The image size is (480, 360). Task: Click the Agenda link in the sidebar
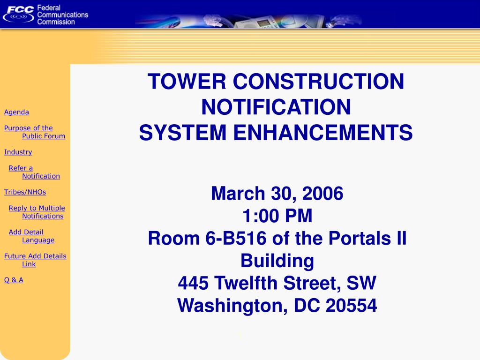(16, 112)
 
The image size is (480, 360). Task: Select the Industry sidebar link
(18, 152)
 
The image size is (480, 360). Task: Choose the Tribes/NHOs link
(25, 192)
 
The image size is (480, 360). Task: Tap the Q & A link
(14, 280)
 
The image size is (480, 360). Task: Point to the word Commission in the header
(56, 22)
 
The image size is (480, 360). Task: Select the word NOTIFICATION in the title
(276, 107)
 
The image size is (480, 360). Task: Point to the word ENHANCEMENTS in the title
(323, 132)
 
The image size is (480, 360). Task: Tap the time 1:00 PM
(277, 216)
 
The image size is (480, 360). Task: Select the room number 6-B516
(236, 239)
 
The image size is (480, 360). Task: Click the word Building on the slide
(277, 261)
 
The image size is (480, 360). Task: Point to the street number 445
(193, 283)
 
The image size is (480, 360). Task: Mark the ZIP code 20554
(352, 306)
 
